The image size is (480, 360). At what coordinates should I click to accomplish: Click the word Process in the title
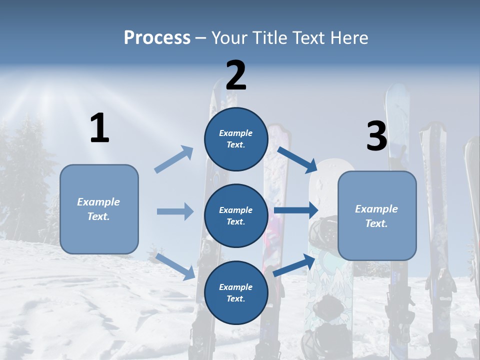pos(157,37)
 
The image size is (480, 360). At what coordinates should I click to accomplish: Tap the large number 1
pos(99,128)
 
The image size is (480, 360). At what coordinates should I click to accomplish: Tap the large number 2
pos(236,75)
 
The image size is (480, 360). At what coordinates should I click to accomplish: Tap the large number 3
pos(376,136)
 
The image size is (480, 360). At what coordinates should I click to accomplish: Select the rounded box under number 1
pos(99,209)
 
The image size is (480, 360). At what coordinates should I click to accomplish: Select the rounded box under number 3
pos(377,215)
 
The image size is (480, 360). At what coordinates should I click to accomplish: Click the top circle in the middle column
pos(236,139)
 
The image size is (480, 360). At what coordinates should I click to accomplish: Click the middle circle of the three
pos(236,215)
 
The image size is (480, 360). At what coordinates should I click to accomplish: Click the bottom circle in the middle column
pos(236,292)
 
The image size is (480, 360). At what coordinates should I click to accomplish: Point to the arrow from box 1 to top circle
pos(174,159)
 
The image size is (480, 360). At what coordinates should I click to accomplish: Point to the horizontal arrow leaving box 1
pos(174,211)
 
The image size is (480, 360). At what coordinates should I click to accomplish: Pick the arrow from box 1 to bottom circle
pos(175,266)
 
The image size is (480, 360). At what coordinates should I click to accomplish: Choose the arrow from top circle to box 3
pos(297,158)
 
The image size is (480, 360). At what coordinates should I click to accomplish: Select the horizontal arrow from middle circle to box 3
pos(295,210)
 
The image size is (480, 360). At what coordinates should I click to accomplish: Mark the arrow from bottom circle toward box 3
pos(294,264)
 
